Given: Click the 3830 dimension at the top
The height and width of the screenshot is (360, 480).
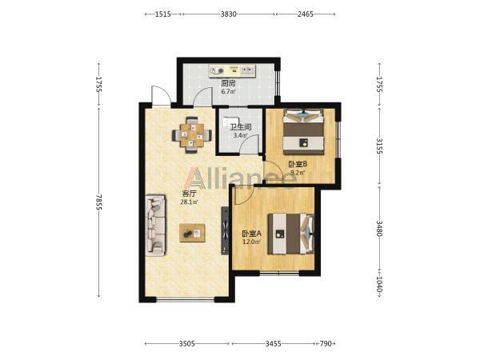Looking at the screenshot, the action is point(229,14).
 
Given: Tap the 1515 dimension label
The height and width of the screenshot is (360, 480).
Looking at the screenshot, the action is point(162,14).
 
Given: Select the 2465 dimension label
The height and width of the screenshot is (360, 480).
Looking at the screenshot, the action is point(306,14).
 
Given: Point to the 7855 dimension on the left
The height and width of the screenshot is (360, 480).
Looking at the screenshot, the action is point(98,202).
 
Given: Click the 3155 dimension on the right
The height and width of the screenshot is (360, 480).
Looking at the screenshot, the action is point(379,146).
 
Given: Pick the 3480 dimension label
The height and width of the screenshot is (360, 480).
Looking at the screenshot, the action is point(379,228).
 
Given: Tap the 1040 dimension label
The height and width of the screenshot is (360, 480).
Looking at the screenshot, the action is point(379,284).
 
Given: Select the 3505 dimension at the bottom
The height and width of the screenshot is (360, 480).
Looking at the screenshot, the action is point(186,344).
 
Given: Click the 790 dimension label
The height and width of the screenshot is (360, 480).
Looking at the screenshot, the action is point(326,344).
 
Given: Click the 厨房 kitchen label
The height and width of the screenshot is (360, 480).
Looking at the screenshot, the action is point(228,83).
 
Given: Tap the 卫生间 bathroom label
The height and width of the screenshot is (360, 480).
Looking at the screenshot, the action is point(241,126).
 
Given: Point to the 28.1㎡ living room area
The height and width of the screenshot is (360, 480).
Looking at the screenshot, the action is point(189,202).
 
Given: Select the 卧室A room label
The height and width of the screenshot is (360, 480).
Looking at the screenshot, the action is point(252,234).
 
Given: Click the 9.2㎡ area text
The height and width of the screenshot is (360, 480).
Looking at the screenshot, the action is point(298,173).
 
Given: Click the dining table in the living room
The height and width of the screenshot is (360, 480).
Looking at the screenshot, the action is point(192,134).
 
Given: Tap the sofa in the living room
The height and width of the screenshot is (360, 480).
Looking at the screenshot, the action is point(155,225).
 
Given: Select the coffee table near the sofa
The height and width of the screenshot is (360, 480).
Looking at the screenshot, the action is point(192,233).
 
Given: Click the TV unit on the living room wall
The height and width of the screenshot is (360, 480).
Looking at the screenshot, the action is point(225,230).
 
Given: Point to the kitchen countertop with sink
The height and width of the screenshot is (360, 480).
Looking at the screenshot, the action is point(232,70).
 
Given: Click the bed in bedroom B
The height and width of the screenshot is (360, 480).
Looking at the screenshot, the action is point(303,131).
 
